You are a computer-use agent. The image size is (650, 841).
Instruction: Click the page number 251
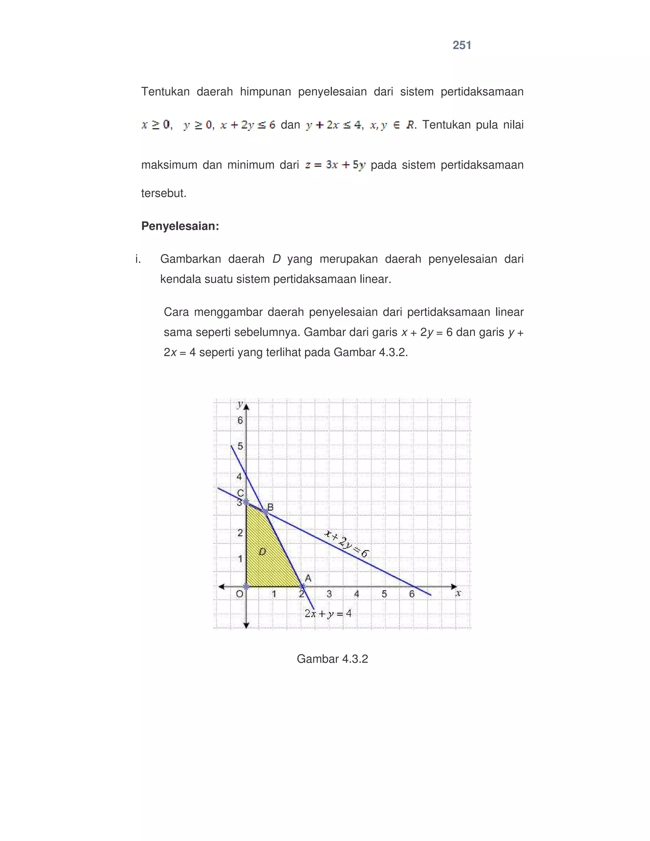pos(462,45)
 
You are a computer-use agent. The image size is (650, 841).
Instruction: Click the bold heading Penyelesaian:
pos(180,226)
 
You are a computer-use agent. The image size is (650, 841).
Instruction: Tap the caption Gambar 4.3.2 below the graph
pos(332,659)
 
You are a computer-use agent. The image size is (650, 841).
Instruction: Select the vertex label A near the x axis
pos(308,578)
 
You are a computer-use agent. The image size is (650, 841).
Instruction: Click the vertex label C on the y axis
pos(240,493)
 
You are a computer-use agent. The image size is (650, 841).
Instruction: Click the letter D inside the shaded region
pos(262,552)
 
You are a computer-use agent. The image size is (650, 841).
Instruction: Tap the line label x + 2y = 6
pos(347,544)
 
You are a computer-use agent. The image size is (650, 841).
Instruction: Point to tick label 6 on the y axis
pos(240,420)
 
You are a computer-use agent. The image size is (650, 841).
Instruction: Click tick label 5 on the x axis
pos(384,594)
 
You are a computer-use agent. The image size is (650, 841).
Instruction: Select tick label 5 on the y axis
pos(240,446)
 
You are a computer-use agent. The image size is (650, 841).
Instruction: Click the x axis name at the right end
pos(458,593)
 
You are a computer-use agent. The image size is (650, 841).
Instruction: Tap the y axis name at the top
pos(240,404)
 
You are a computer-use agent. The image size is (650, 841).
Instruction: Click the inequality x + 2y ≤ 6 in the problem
pos(248,125)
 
